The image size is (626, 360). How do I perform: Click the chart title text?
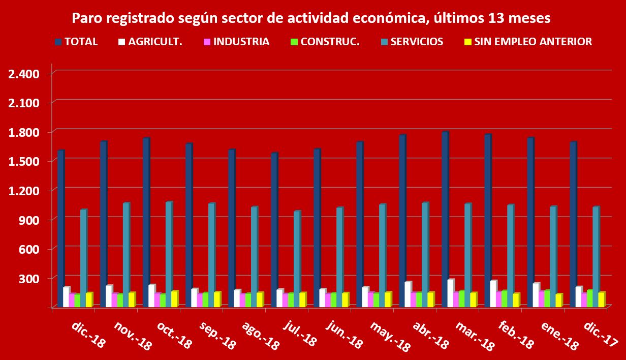pyautogui.click(x=311, y=19)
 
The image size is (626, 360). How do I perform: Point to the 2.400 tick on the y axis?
pyautogui.click(x=24, y=74)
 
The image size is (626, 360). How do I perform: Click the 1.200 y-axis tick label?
pyautogui.click(x=24, y=191)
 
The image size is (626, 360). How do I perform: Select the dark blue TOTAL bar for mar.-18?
pyautogui.click(x=445, y=219)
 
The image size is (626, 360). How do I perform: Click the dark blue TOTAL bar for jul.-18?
pyautogui.click(x=274, y=229)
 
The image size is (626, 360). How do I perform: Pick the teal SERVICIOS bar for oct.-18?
pyautogui.click(x=168, y=254)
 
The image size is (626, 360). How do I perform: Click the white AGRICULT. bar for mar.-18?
pyautogui.click(x=450, y=293)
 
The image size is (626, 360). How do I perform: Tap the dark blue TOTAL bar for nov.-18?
pyautogui.click(x=103, y=224)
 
